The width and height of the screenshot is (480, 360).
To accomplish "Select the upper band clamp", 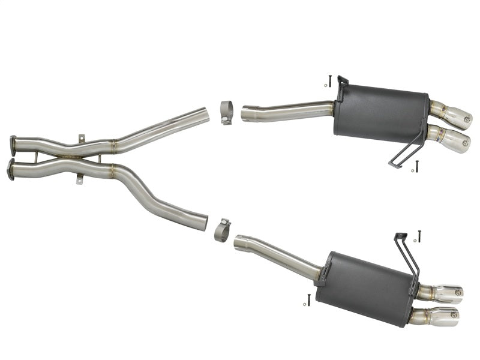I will (x=227, y=112).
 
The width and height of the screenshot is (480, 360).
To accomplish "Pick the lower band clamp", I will (x=222, y=230).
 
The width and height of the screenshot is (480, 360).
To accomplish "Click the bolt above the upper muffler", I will (x=329, y=80).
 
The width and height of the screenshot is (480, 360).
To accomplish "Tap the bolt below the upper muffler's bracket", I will (x=417, y=166).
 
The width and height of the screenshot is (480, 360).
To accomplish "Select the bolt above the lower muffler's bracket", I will (x=419, y=236).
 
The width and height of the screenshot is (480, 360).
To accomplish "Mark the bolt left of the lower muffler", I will (x=308, y=299).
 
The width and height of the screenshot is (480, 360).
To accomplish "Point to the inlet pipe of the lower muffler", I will (x=276, y=254).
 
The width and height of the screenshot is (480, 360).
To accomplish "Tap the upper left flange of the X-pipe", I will (x=13, y=145).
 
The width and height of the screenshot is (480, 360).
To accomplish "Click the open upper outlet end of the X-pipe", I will (x=205, y=114).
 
